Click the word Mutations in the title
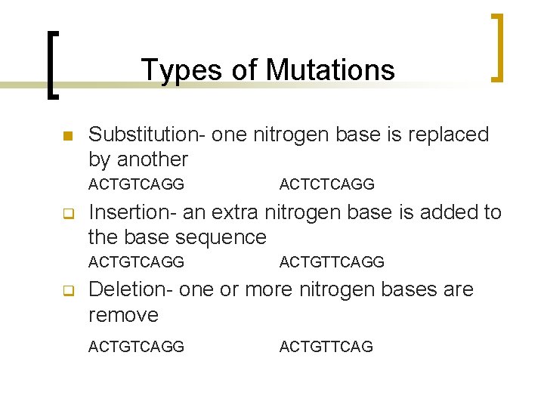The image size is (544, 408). click(x=330, y=70)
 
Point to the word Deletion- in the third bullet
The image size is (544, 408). click(x=133, y=290)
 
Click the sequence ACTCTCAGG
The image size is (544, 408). click(x=326, y=184)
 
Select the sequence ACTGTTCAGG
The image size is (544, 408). click(x=332, y=262)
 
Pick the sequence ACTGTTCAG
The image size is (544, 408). click(x=326, y=347)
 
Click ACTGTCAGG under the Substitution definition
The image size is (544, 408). click(x=136, y=184)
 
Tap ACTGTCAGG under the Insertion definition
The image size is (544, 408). click(x=136, y=262)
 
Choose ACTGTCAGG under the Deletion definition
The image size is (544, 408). click(x=136, y=347)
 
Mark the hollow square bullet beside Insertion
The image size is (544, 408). click(x=66, y=214)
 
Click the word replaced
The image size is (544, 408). click(x=456, y=134)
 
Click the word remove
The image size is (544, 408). click(x=123, y=315)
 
